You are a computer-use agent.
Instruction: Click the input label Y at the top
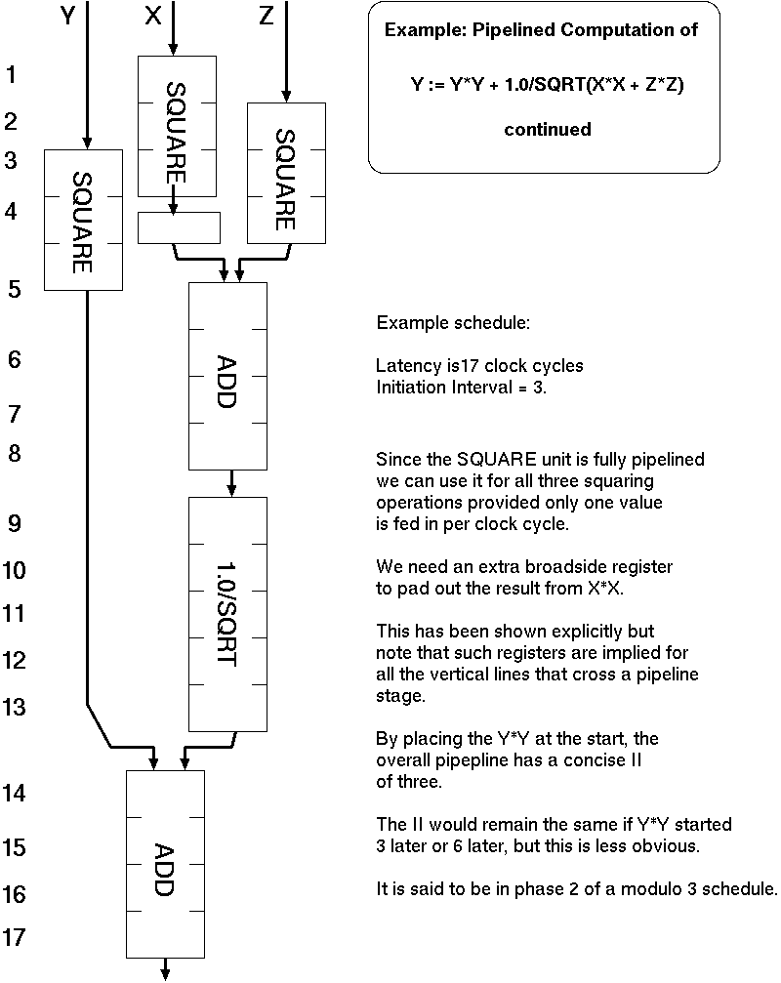pos(67,17)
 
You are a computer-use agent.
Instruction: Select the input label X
pos(152,17)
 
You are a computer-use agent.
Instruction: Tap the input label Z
pos(267,17)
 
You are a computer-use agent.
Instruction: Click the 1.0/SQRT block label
pos(226,613)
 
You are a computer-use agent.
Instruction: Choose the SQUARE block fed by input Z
pos(285,174)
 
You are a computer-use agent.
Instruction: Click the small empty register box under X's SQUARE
pos(179,227)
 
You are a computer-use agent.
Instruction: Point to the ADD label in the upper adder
pos(226,377)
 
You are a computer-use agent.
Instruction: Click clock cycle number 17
pos(14,938)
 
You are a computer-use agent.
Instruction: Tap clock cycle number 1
pos(12,74)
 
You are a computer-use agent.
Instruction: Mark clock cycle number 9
pos(15,523)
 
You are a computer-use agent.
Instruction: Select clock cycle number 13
pos(14,707)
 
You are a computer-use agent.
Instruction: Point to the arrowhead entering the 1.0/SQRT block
pos(232,489)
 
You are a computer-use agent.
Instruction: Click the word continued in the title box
pos(547,129)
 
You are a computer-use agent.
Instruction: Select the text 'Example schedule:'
pos(453,323)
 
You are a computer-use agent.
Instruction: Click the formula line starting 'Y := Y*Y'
pos(547,85)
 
